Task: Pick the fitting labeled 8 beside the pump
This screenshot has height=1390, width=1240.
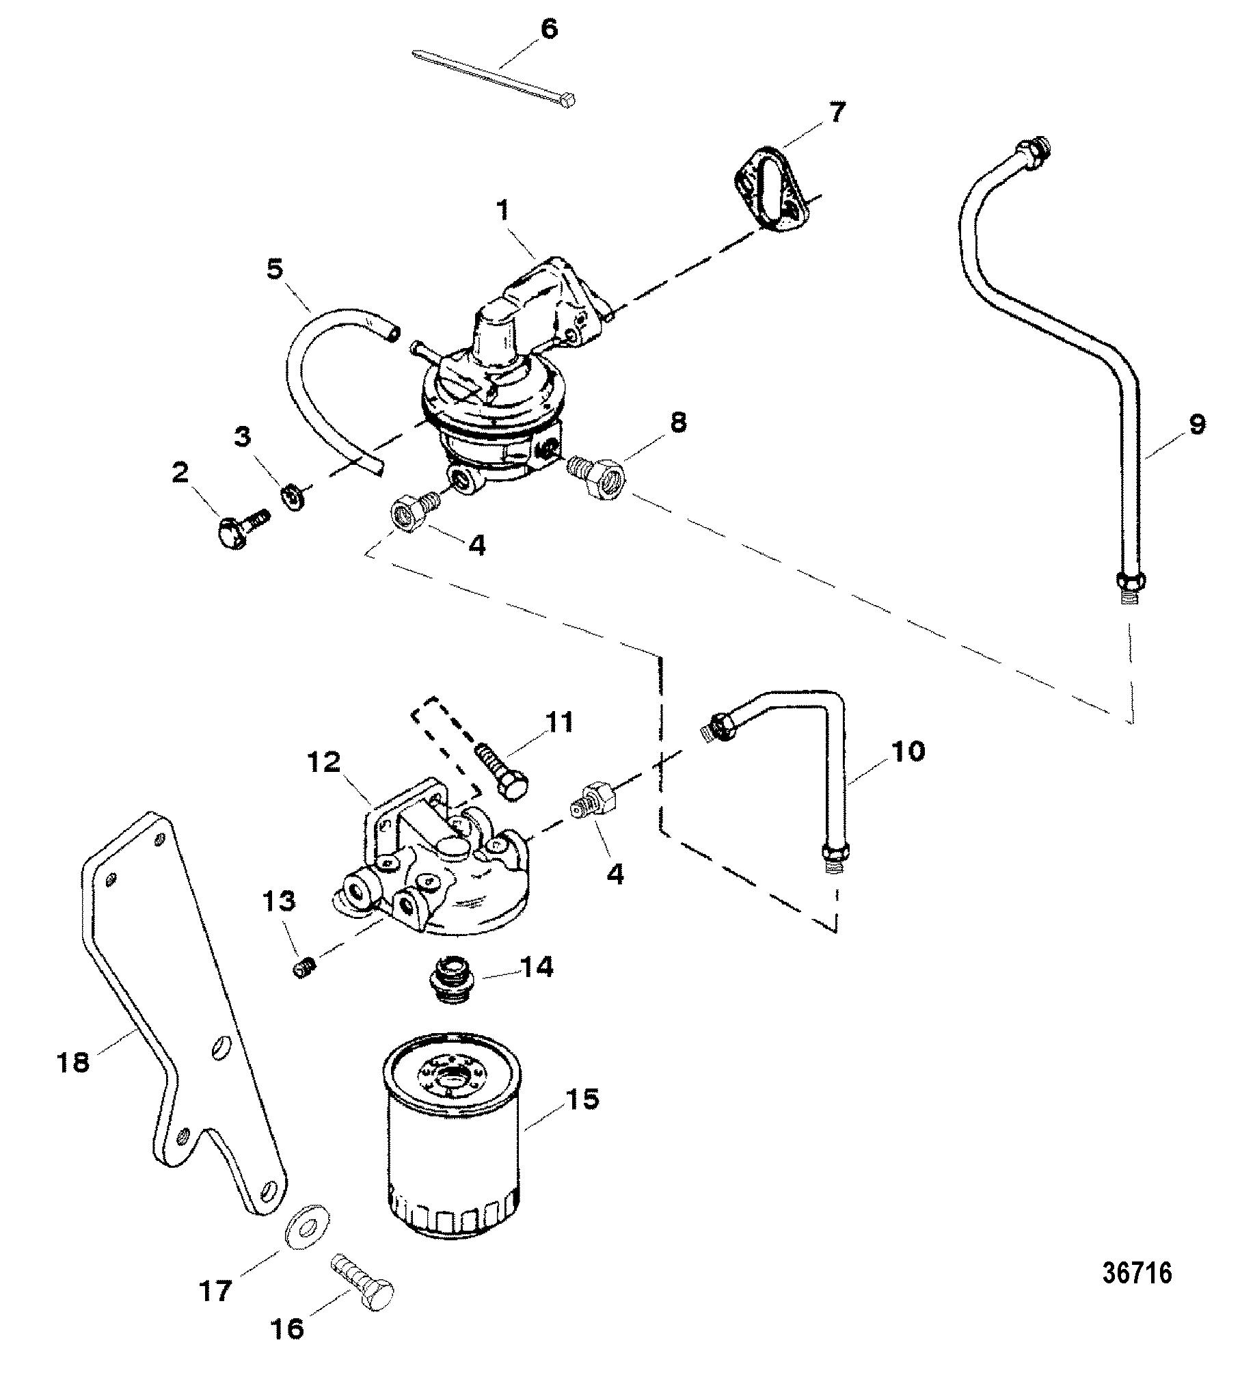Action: (x=597, y=472)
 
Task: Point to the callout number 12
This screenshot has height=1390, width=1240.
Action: (x=323, y=762)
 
